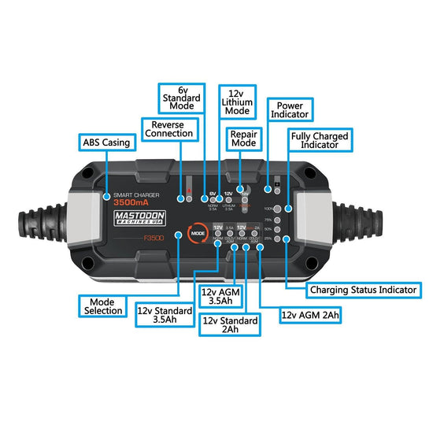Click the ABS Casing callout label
107,143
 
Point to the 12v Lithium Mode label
236,102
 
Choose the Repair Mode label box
244,139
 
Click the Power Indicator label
290,108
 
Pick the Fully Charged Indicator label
320,140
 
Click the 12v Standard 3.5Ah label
166,313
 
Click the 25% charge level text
268,239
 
